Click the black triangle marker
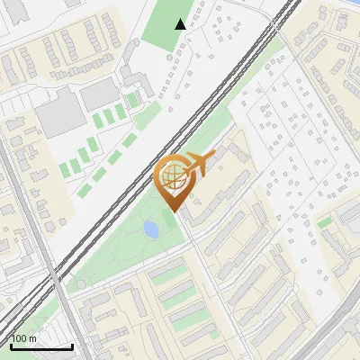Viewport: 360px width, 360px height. coord(181,24)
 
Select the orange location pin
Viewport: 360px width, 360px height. coord(176,180)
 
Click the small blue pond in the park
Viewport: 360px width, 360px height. coord(151,229)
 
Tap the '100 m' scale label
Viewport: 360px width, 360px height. coord(23,338)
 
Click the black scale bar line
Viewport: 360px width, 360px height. coord(41,346)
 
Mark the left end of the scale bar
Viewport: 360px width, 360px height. coord(11,346)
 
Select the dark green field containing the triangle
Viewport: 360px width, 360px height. coord(166,27)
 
